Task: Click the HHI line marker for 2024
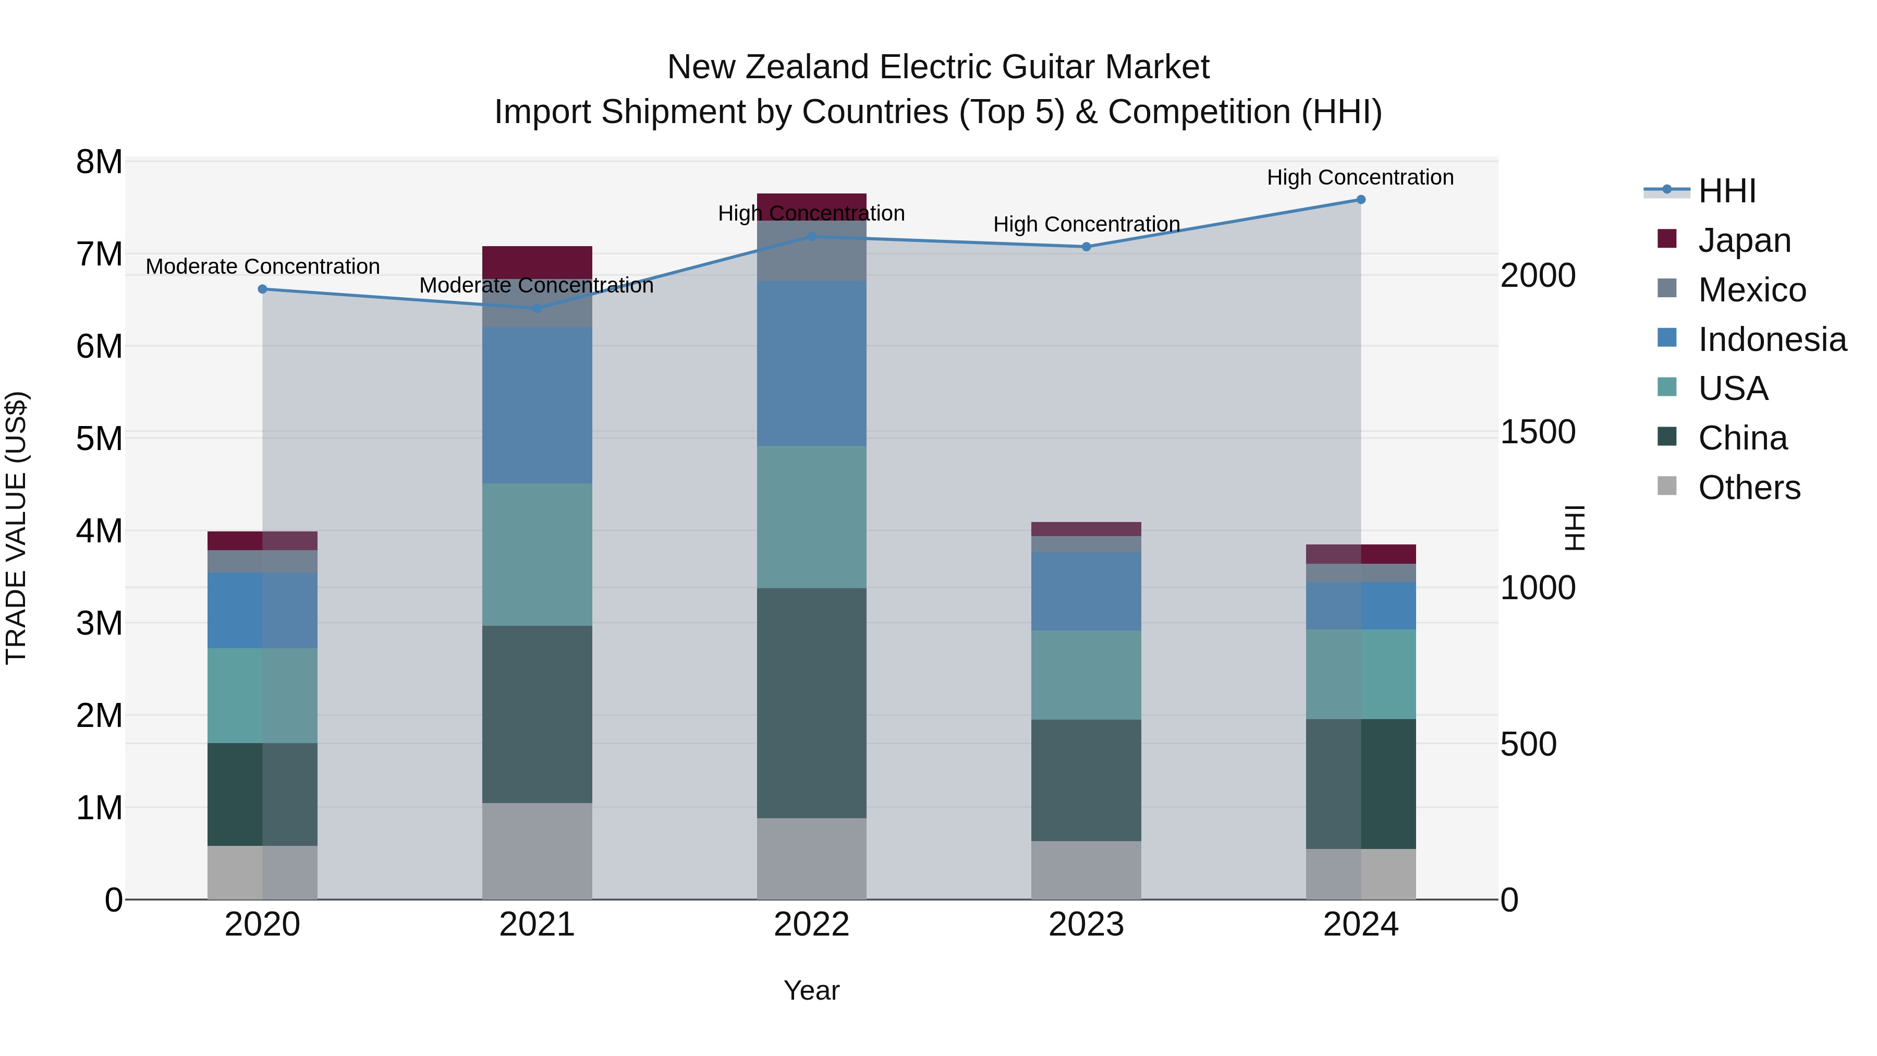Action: pyautogui.click(x=1360, y=200)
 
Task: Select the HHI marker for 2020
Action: pyautogui.click(x=262, y=289)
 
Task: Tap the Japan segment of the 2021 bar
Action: pyautogui.click(x=537, y=262)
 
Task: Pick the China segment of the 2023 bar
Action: pyautogui.click(x=1086, y=781)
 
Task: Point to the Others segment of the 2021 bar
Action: pyautogui.click(x=537, y=851)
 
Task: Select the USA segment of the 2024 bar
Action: pyautogui.click(x=1360, y=674)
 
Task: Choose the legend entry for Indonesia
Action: pyautogui.click(x=1771, y=339)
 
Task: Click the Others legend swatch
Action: pyautogui.click(x=1666, y=486)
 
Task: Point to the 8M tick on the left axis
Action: pyautogui.click(x=99, y=162)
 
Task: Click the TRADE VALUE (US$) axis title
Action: pyautogui.click(x=16, y=528)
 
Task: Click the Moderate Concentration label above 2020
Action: pyautogui.click(x=262, y=266)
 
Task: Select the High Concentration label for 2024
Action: pyautogui.click(x=1360, y=177)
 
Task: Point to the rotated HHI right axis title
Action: pyautogui.click(x=1575, y=528)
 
